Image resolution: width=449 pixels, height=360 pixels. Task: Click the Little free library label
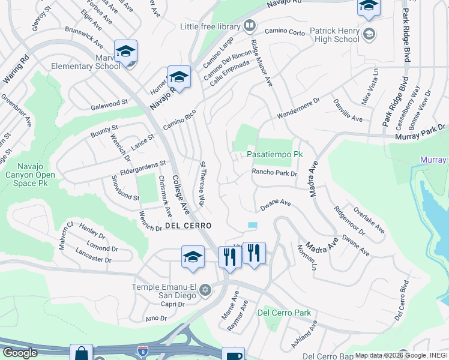click(210, 27)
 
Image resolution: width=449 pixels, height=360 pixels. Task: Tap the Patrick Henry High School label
click(334, 35)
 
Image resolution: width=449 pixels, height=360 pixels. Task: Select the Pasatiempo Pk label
click(274, 154)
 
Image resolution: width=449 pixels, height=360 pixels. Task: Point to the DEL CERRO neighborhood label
click(187, 226)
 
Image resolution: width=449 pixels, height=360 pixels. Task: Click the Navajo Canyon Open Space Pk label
click(28, 170)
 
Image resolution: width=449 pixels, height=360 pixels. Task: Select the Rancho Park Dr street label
click(274, 173)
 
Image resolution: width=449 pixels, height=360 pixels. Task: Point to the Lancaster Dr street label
click(94, 256)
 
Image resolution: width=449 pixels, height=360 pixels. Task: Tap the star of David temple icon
click(205, 290)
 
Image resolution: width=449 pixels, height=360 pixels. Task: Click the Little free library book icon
click(250, 26)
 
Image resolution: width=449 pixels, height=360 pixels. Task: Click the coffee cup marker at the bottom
click(232, 355)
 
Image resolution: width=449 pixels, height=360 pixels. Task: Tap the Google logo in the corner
click(19, 353)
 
